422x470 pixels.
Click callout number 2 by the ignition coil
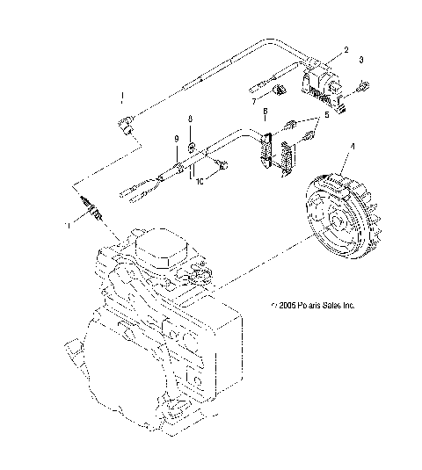pos(346,51)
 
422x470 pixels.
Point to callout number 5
pos(327,115)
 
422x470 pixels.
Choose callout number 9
pos(175,141)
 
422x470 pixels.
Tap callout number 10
pos(200,182)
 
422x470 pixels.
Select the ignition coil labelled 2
pos(322,80)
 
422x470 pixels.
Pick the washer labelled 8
pos(193,134)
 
